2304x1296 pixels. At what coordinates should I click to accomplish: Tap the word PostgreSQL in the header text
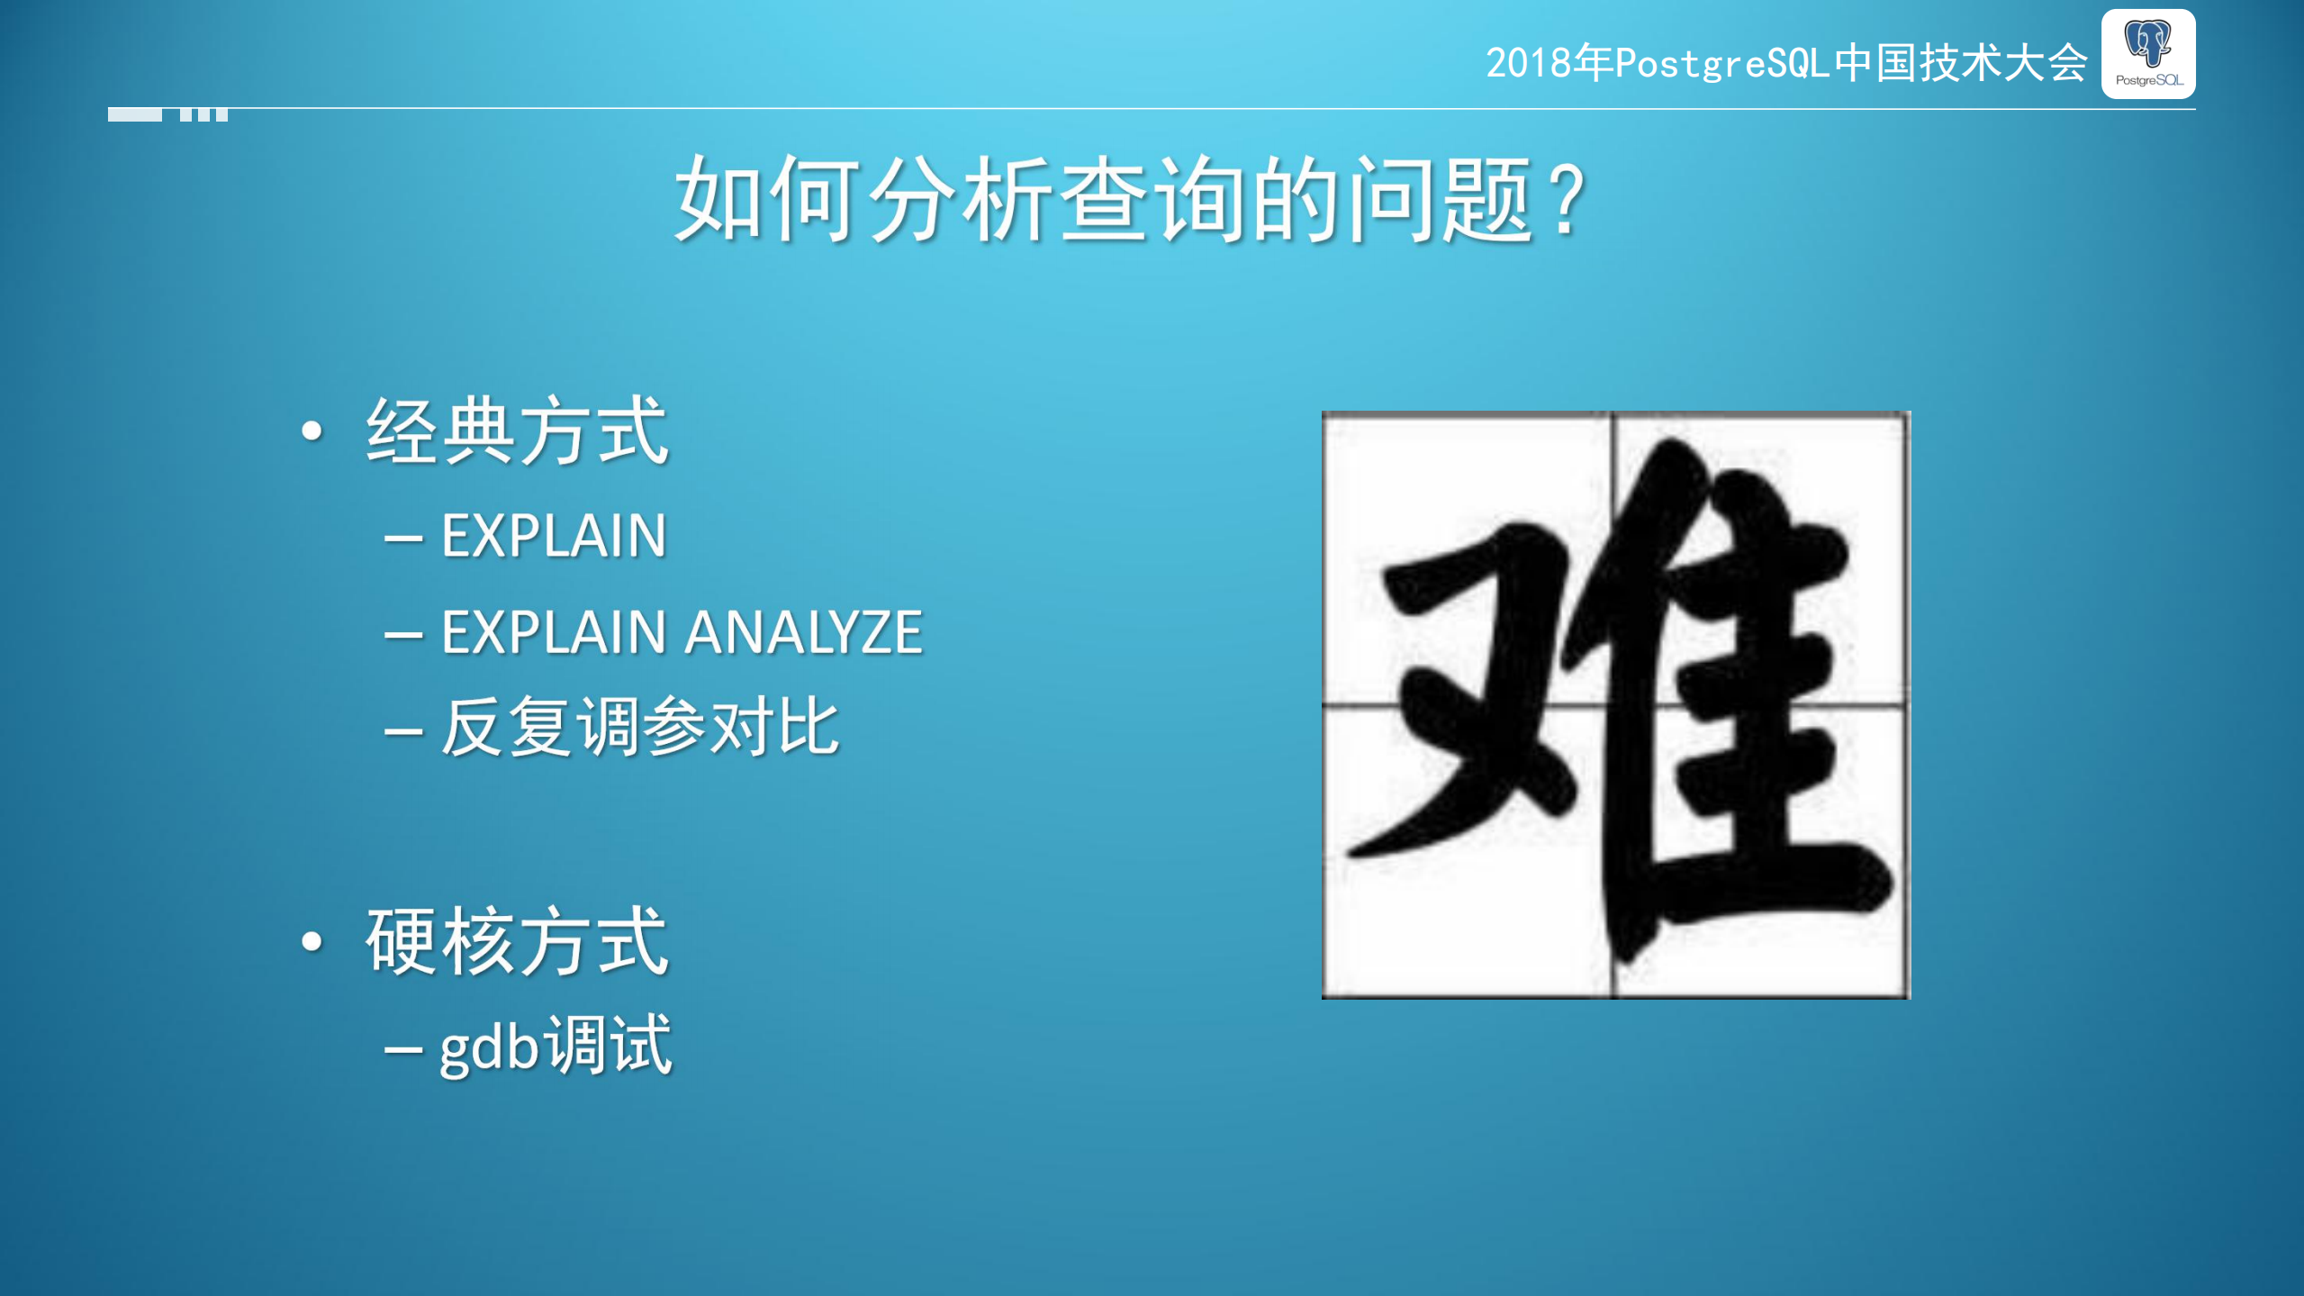1723,64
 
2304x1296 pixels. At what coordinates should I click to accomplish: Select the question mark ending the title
1568,198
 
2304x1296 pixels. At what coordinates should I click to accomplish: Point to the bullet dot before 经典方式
312,431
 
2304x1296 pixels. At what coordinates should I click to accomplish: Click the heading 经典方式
517,431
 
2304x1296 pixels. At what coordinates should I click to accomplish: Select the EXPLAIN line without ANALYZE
554,536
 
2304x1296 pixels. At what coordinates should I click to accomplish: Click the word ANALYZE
803,631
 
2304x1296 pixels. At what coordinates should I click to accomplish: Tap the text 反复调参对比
639,727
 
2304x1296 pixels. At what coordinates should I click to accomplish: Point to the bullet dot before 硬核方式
312,942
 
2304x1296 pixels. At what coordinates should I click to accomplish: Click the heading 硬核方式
517,942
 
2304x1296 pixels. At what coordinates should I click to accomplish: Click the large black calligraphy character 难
1615,704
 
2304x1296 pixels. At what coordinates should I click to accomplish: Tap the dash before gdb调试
402,1049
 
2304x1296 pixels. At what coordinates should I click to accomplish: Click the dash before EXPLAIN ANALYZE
402,635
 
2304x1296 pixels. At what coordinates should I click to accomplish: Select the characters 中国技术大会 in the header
1961,64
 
